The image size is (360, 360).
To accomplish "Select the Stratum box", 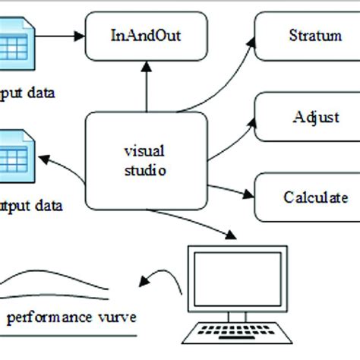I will point(304,36).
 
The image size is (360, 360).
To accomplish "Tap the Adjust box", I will point(304,117).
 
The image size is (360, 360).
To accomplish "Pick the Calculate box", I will point(305,196).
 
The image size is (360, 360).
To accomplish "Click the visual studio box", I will point(144,159).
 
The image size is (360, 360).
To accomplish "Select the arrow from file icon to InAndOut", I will point(57,35).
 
